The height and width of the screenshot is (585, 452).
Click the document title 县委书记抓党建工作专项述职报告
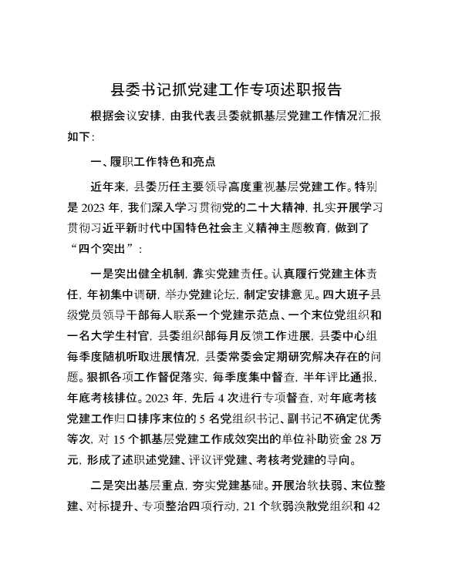click(x=226, y=90)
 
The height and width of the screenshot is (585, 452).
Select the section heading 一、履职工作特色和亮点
click(x=153, y=163)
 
